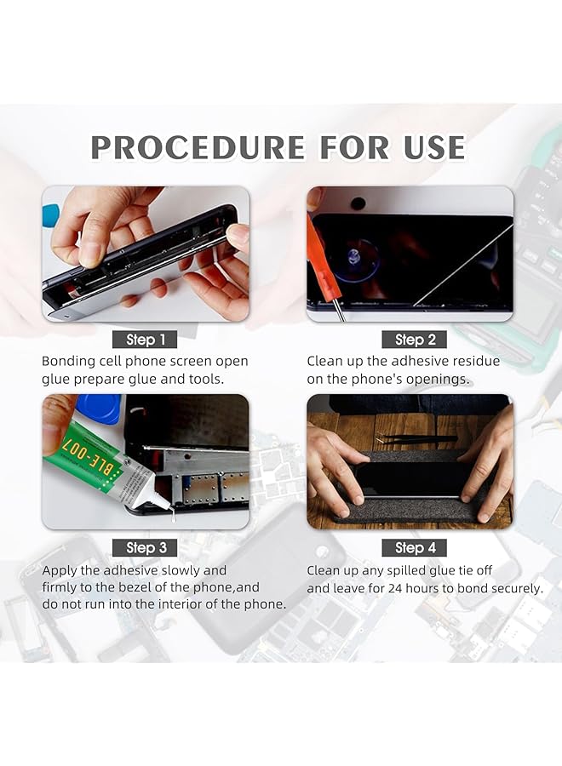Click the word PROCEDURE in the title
198,147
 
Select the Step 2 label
415,340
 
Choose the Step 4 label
415,547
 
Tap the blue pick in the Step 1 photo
51,214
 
